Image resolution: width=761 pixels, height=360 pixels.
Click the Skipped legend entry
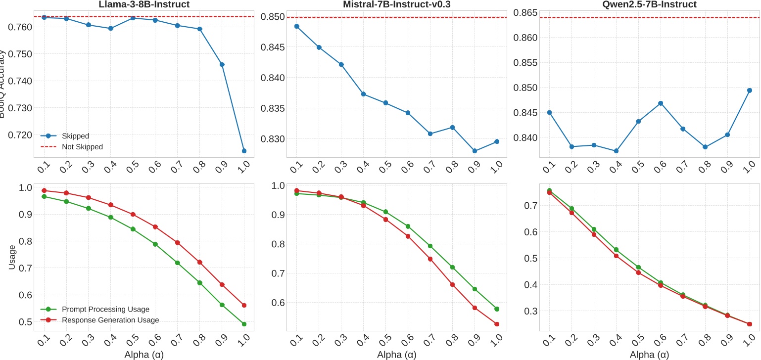[75, 135]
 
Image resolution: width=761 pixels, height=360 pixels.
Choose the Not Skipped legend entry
[82, 146]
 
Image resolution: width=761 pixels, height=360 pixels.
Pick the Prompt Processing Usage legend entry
[105, 309]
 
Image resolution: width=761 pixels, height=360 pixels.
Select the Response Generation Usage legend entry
[110, 320]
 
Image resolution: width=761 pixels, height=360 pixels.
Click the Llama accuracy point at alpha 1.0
[244, 151]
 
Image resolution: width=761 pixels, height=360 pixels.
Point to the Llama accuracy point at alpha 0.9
[222, 65]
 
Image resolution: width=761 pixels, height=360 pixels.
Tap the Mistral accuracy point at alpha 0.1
[296, 26]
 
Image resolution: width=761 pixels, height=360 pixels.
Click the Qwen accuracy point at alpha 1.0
[750, 90]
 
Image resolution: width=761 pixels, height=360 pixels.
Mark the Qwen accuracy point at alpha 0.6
[661, 103]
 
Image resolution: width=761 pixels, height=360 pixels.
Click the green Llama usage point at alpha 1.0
[244, 324]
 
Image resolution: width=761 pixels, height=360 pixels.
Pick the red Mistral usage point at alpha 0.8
[452, 284]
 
